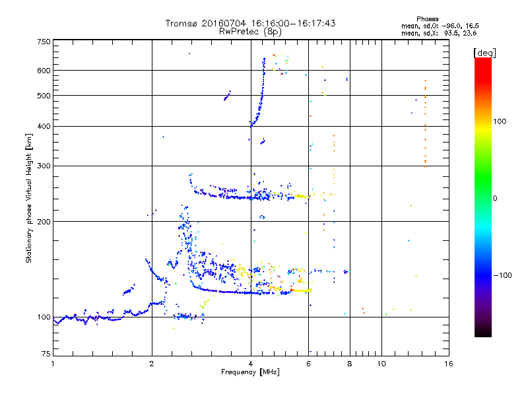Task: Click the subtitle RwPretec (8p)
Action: click(x=250, y=32)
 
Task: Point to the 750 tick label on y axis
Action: click(x=44, y=42)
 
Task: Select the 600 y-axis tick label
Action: click(x=44, y=71)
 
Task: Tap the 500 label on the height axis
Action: click(x=44, y=96)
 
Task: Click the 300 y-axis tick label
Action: click(x=44, y=166)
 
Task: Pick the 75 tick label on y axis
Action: click(x=46, y=354)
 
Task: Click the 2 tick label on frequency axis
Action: click(x=152, y=364)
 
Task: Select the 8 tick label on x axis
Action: click(x=350, y=364)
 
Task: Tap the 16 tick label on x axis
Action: click(x=449, y=364)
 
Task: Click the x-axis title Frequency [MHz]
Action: click(x=250, y=372)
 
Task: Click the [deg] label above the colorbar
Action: click(x=485, y=53)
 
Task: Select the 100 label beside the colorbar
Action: click(x=500, y=121)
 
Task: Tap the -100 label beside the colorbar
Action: click(x=502, y=275)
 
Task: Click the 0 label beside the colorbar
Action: click(x=495, y=198)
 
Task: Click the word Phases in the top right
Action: click(x=428, y=19)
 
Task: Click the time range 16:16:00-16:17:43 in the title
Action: click(x=293, y=23)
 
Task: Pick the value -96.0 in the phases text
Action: click(x=449, y=26)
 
